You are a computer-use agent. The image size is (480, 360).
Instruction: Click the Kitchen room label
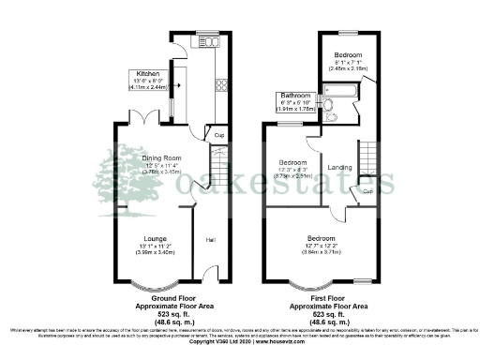(148, 72)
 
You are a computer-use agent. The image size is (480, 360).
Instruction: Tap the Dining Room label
(161, 158)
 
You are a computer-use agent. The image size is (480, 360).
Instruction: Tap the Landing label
(339, 168)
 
